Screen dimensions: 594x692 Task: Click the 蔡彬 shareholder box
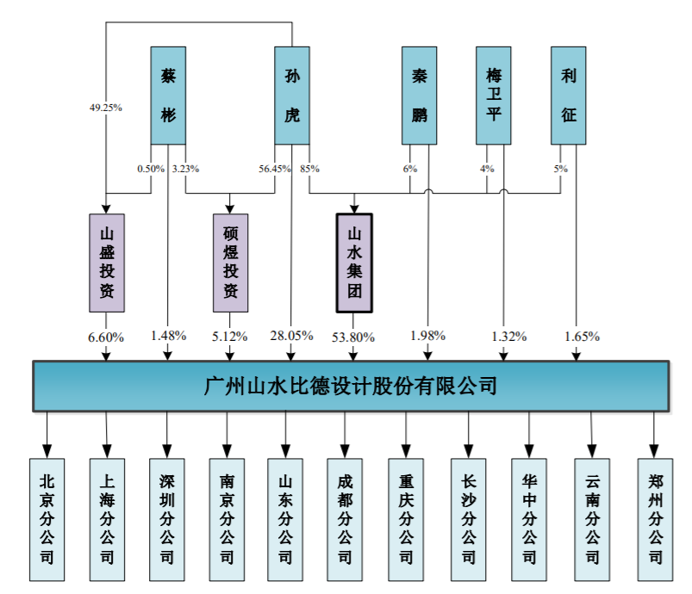pos(168,96)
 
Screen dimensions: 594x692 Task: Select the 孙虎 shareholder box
pos(292,96)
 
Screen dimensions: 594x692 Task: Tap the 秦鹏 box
pos(420,96)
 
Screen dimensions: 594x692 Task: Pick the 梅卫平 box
pos(494,96)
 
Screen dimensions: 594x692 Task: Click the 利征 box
pos(569,96)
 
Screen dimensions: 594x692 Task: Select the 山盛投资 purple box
pos(107,263)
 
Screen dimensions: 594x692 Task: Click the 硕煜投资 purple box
pos(230,263)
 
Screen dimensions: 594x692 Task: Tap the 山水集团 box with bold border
pos(354,263)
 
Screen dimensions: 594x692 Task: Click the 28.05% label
pos(291,336)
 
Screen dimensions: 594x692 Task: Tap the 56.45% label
pos(275,169)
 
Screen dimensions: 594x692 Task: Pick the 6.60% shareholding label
pos(106,337)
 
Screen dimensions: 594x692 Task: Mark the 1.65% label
pos(582,337)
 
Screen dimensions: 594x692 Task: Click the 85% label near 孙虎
pos(310,169)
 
